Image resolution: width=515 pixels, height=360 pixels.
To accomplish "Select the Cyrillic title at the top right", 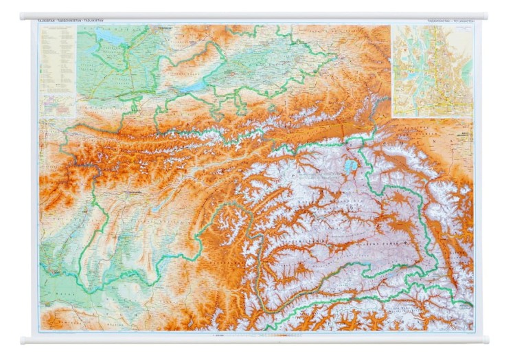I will point(450,22).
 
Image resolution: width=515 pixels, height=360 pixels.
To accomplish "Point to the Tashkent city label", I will point(164,28).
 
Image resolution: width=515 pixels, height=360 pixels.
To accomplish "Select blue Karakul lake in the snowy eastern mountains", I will point(352,166).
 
